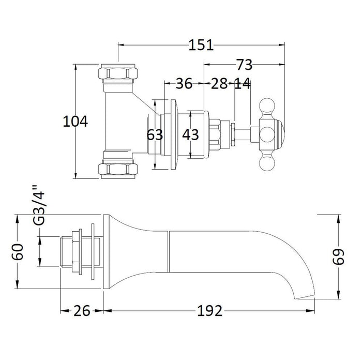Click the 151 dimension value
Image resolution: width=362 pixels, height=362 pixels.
[x=201, y=45]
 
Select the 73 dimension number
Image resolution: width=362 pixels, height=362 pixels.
[x=244, y=65]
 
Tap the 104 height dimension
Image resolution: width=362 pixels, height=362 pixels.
[x=76, y=122]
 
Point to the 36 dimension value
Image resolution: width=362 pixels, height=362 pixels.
[x=184, y=84]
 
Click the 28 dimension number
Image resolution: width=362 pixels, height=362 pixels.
[x=219, y=84]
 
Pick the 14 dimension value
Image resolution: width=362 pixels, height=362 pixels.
[x=242, y=84]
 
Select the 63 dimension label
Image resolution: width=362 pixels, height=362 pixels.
[x=155, y=134]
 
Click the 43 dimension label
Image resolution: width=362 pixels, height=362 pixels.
[x=190, y=134]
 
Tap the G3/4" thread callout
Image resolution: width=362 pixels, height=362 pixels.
[x=39, y=205]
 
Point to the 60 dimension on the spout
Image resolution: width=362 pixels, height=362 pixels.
[x=18, y=252]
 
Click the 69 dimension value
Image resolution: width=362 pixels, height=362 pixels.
[x=338, y=257]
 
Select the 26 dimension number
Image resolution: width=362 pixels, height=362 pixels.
[x=82, y=311]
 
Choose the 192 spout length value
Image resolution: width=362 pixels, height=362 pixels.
[x=209, y=311]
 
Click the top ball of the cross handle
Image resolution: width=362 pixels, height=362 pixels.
[x=267, y=105]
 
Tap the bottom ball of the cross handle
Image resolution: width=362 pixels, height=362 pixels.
[x=267, y=164]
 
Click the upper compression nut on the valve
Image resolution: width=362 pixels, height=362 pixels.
[x=118, y=73]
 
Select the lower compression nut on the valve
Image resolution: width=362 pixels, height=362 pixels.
[x=118, y=169]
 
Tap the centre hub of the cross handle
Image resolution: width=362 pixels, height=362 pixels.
[x=266, y=135]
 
